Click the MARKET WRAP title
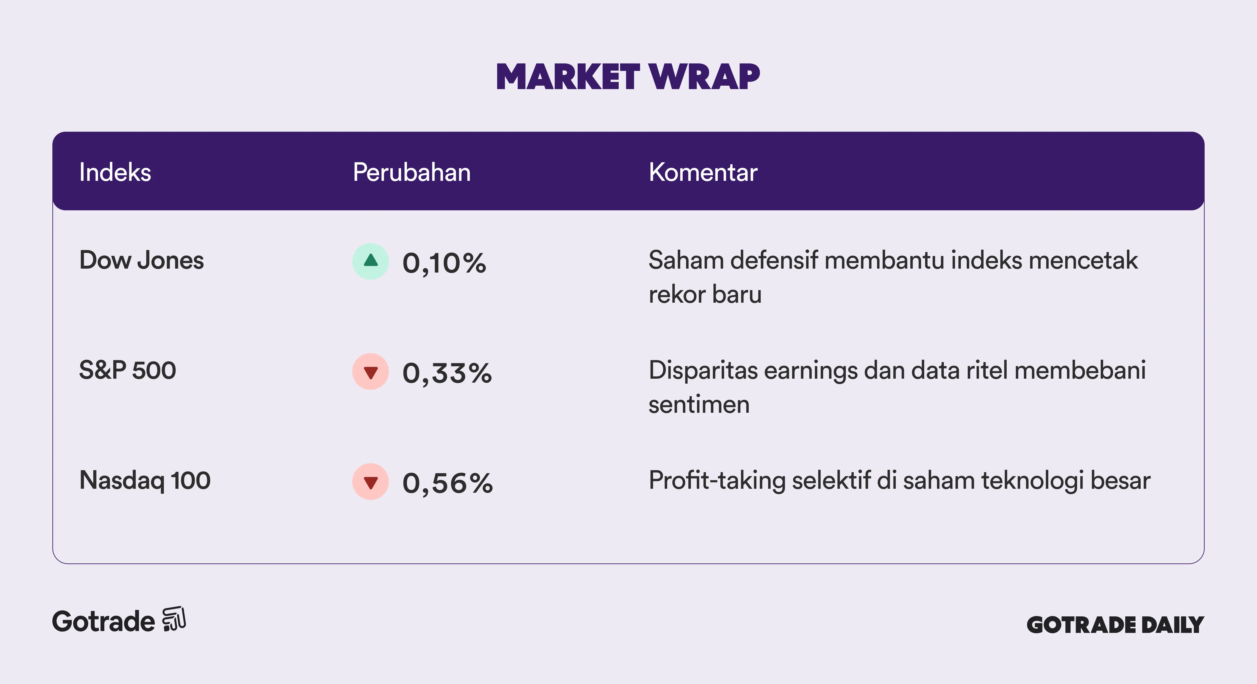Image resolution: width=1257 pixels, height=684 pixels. [628, 77]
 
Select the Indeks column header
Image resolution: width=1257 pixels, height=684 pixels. [115, 172]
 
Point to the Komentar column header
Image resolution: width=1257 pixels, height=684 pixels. [703, 172]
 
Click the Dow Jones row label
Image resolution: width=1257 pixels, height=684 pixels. [141, 260]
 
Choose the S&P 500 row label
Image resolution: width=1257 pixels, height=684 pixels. [127, 370]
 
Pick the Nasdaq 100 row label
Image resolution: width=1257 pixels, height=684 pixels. [145, 480]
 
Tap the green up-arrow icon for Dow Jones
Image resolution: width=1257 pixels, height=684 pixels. [371, 261]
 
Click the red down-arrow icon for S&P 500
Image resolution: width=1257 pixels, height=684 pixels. [371, 371]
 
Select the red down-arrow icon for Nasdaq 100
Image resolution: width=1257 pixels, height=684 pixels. [371, 481]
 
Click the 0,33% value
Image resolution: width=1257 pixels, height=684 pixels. [447, 373]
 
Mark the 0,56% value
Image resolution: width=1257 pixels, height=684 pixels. [447, 483]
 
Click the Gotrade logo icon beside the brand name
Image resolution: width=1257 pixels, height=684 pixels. [174, 619]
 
